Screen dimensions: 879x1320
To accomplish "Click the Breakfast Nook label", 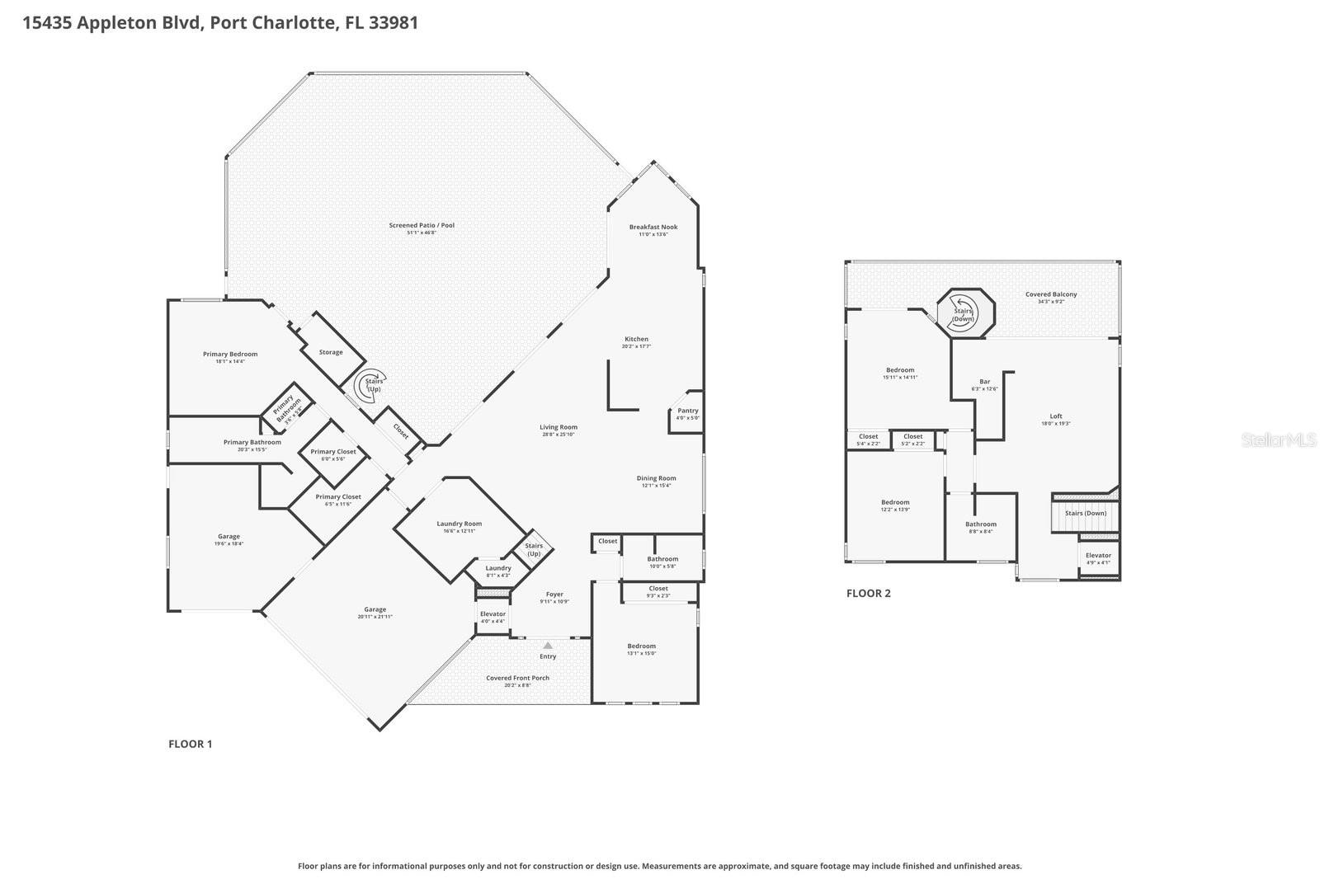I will [653, 227].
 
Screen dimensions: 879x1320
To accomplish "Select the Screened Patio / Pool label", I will [422, 225].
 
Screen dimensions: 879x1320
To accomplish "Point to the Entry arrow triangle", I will [548, 646].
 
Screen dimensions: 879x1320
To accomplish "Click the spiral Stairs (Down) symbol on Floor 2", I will [963, 314].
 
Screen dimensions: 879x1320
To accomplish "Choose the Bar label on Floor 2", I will [984, 382].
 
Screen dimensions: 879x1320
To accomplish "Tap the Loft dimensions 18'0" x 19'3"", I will [1056, 424].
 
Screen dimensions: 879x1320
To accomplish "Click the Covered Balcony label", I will [1051, 294].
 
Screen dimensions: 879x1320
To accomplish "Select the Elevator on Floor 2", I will [1098, 558].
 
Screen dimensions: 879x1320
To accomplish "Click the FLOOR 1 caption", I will [191, 744].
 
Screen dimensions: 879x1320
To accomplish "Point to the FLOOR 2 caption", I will [869, 593].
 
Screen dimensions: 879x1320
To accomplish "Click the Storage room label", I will [331, 352].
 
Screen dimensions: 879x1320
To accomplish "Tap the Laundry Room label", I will [459, 524].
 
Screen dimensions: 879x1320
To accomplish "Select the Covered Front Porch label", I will [517, 678].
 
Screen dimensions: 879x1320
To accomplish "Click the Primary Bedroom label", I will [230, 354].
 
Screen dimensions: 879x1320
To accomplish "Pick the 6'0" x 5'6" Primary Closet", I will [333, 454].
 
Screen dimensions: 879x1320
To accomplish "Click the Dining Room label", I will [656, 478].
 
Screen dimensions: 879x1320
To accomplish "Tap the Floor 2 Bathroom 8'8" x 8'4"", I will [981, 527].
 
